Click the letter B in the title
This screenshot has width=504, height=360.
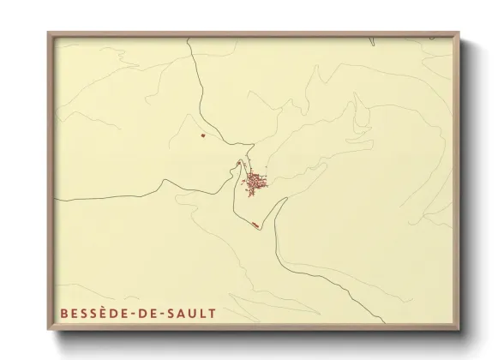(63, 315)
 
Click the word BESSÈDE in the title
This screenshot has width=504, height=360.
(94, 315)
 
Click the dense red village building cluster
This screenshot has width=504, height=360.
(255, 183)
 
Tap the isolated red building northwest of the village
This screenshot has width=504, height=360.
(202, 135)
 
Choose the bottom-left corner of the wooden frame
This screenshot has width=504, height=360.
(49, 335)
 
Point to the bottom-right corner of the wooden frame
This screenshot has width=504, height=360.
(461, 335)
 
